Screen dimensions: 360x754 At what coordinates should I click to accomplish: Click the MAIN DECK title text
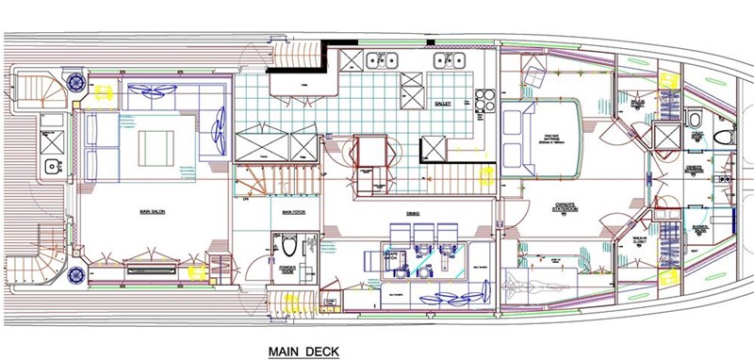(303, 351)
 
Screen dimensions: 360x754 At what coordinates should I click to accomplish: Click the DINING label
(413, 213)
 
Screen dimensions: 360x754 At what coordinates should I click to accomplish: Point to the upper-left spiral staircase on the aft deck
(35, 89)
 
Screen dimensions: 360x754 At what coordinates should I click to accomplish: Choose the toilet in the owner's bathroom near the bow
(694, 122)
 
